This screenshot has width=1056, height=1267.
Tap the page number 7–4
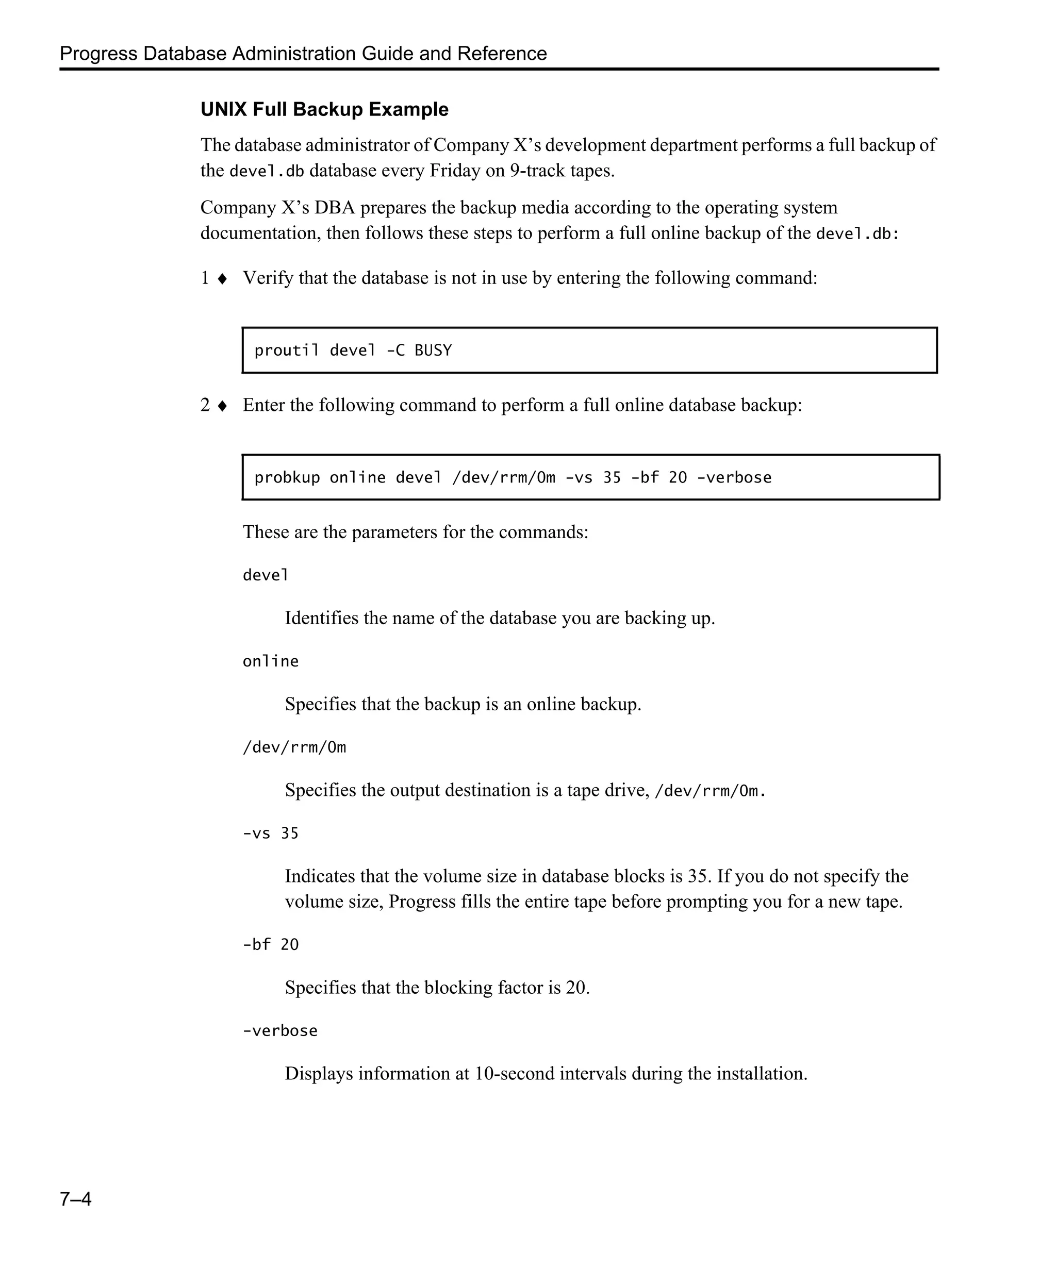(75, 1198)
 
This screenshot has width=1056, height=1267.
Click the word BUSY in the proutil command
(433, 351)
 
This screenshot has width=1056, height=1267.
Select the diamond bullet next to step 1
(222, 279)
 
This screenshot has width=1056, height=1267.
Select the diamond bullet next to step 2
(222, 406)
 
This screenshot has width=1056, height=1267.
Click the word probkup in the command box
(287, 478)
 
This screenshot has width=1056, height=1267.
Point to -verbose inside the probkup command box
(734, 478)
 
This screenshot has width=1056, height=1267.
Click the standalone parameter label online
(270, 661)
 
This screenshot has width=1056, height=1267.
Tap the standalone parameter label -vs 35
(270, 833)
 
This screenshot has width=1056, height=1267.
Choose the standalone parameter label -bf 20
(270, 944)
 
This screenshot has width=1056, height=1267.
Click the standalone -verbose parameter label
(280, 1030)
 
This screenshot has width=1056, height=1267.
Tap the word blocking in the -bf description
(458, 987)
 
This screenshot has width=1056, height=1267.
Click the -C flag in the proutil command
(395, 351)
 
